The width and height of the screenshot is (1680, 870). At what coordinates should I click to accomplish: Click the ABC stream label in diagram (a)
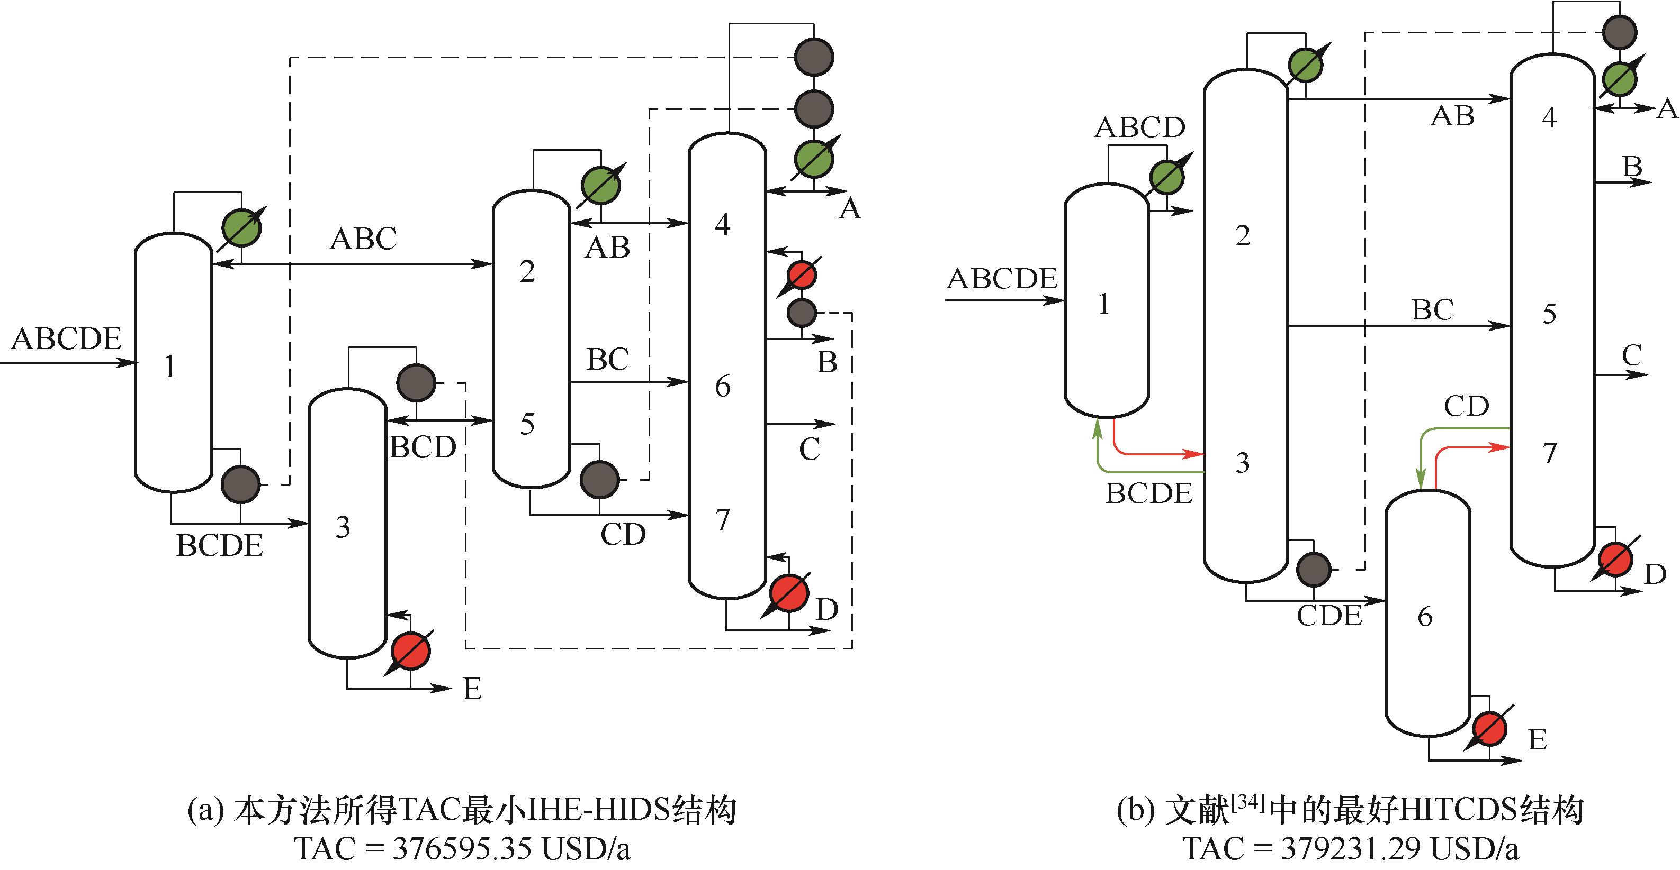click(x=363, y=239)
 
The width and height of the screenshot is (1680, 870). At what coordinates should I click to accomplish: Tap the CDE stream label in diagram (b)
click(x=1329, y=616)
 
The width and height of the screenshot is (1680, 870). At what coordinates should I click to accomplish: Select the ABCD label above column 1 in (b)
click(x=1139, y=128)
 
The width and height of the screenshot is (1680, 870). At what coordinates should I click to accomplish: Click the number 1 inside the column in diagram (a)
click(x=169, y=367)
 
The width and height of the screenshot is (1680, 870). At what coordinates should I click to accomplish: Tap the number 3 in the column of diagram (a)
click(x=343, y=527)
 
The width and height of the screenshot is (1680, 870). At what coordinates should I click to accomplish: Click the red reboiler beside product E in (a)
click(x=411, y=651)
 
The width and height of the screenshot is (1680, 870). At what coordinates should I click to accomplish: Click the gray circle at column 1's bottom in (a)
click(x=241, y=484)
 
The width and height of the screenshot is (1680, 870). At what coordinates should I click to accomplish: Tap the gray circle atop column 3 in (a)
click(x=416, y=382)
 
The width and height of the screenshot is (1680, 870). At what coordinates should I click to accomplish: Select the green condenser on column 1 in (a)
click(x=241, y=227)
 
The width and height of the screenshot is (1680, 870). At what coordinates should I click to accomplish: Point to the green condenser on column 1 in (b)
click(x=1167, y=177)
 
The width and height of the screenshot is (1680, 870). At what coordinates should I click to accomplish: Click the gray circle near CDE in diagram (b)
click(x=1314, y=570)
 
